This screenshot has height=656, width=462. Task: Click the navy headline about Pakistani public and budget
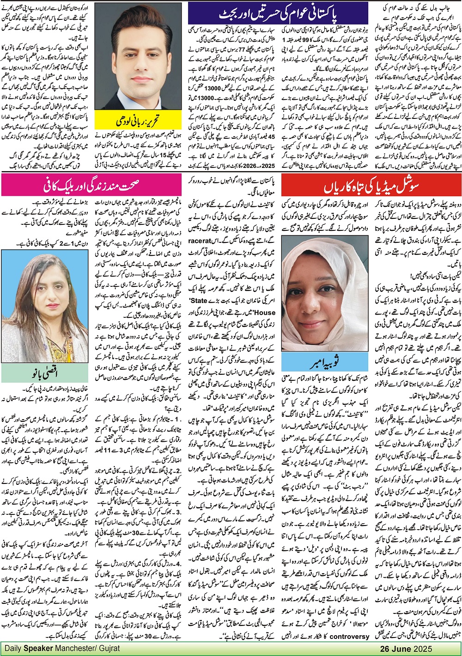278,13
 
